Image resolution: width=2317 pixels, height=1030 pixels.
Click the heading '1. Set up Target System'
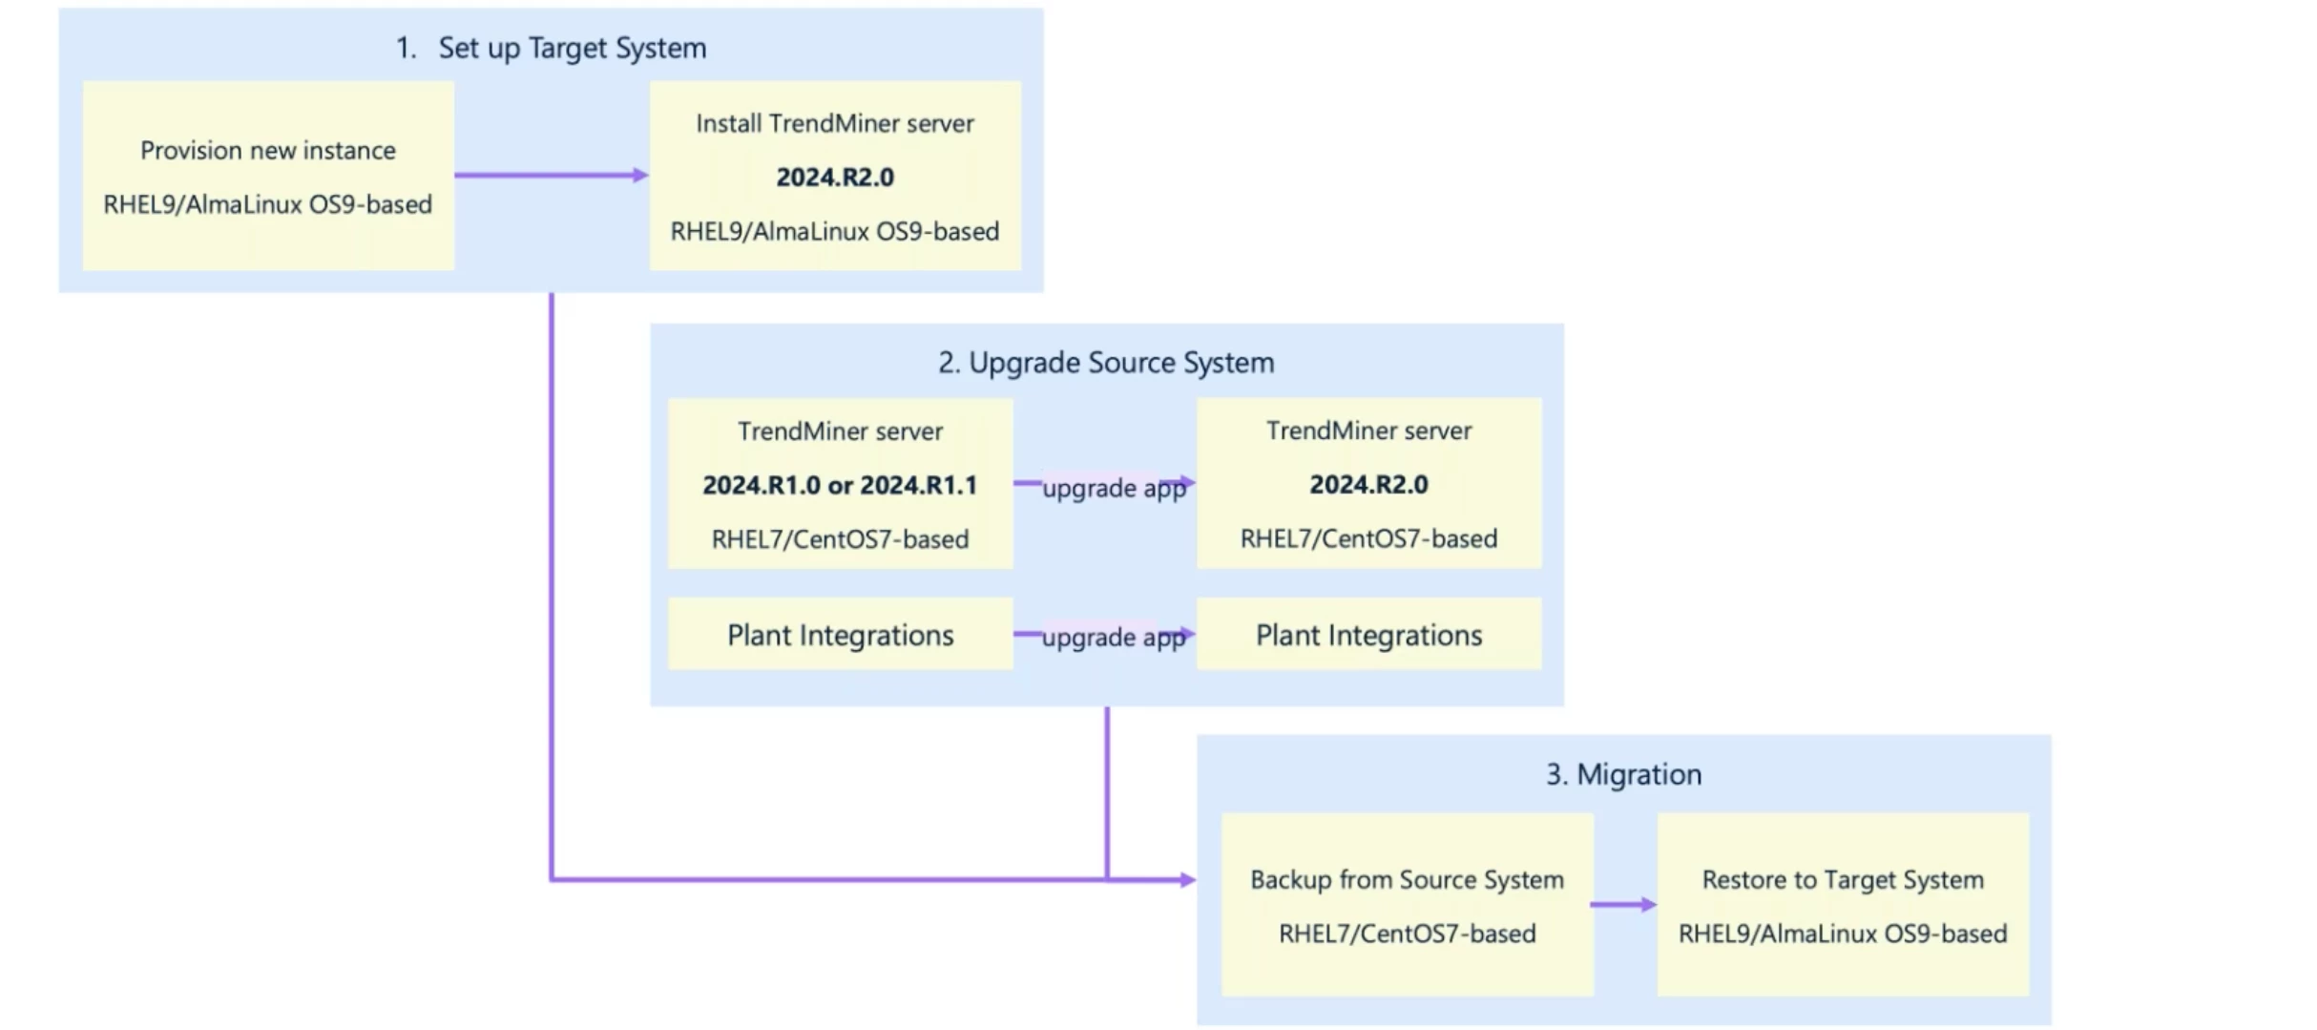(x=552, y=48)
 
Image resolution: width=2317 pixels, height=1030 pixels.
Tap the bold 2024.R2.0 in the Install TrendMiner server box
(x=835, y=178)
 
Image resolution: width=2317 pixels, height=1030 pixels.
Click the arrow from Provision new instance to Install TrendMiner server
(x=551, y=175)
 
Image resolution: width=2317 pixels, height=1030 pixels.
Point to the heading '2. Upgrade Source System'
(x=1106, y=363)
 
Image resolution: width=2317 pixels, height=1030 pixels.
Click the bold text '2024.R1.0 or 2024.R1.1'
(x=840, y=485)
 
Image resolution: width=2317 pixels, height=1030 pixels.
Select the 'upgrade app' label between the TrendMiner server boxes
(x=1114, y=488)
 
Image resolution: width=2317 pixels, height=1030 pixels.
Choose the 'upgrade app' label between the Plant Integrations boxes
(x=1113, y=637)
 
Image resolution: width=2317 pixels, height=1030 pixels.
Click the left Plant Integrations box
(x=840, y=635)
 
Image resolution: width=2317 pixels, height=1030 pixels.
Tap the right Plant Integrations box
(x=1368, y=635)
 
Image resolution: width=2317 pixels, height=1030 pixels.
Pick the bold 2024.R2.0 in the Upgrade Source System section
(x=1368, y=485)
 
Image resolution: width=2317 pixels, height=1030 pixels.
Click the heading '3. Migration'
(x=1623, y=774)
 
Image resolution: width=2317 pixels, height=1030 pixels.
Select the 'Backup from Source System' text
(x=1407, y=879)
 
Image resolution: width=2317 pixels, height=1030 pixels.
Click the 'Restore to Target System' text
(x=1842, y=879)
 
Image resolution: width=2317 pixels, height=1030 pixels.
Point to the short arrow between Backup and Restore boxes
(x=1623, y=904)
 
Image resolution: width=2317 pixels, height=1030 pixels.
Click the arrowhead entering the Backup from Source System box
(x=1187, y=879)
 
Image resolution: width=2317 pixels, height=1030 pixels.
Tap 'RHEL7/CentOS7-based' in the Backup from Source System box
(x=1407, y=933)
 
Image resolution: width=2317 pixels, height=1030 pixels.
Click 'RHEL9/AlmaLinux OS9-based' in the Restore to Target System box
(x=1842, y=933)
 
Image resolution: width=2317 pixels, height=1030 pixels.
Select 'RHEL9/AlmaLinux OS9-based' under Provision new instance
(x=268, y=204)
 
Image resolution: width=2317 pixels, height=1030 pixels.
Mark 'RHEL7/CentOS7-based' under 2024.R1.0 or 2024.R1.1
(x=840, y=539)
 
